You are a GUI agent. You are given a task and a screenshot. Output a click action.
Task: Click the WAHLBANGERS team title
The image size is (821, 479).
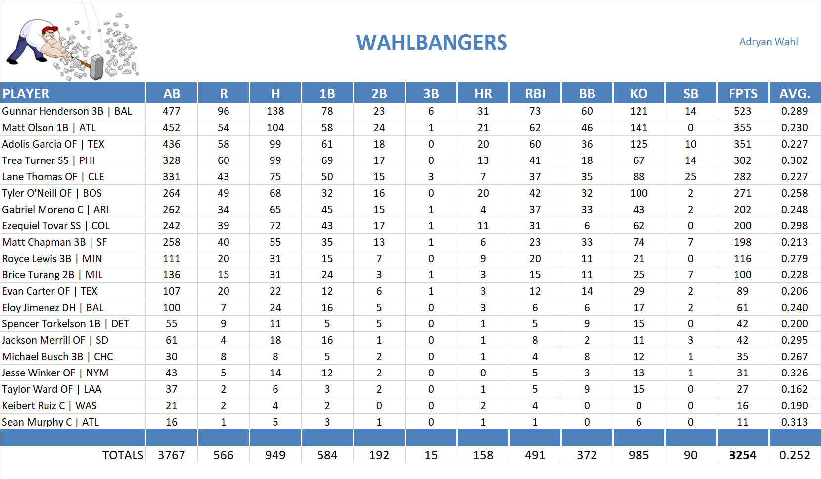431,43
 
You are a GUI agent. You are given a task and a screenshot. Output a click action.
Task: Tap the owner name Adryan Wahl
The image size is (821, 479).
768,42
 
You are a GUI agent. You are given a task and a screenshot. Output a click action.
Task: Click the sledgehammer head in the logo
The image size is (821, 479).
97,67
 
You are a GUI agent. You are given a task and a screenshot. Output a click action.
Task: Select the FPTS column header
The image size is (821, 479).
742,94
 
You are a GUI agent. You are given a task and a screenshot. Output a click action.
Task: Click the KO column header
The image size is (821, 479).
639,94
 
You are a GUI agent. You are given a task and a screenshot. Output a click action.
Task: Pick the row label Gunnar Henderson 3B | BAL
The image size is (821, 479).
67,111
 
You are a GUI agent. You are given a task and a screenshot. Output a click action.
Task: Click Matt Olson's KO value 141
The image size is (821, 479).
639,128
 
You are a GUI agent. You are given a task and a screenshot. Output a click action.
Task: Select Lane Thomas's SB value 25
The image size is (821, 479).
690,177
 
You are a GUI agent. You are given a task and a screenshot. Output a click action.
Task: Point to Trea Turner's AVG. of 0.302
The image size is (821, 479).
794,160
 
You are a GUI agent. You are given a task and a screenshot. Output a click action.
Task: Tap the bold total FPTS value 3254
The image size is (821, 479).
742,455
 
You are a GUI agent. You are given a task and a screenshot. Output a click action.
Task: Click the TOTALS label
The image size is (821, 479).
123,455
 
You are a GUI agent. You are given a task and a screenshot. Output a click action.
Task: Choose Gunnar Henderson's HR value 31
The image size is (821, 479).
483,111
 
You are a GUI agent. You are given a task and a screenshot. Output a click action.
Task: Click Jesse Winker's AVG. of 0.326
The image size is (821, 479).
794,373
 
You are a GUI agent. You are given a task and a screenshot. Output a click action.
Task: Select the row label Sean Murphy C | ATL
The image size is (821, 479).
50,422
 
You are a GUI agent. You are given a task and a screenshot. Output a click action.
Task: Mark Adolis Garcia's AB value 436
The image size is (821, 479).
171,144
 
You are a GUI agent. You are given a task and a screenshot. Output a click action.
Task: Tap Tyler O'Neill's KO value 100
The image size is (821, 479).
639,193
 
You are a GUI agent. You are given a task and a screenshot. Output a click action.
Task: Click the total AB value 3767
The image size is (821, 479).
171,455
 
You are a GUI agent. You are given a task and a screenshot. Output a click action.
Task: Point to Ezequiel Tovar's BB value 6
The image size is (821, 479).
587,226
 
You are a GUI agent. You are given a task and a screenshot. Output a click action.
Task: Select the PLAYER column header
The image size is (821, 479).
26,94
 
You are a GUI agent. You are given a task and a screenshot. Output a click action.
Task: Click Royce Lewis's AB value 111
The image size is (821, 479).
171,259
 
